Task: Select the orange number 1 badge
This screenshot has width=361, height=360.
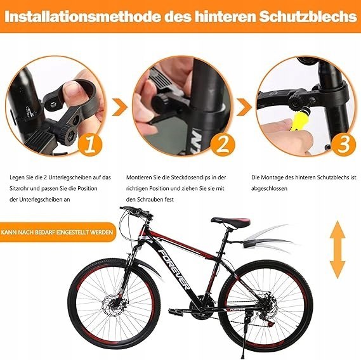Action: (90, 145)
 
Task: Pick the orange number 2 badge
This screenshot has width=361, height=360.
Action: (223, 145)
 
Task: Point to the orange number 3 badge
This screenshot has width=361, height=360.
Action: (344, 145)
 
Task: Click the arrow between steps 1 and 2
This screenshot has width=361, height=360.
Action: (120, 107)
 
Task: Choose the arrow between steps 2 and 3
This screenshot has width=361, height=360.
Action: (244, 107)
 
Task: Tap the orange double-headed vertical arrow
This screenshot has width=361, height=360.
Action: (338, 249)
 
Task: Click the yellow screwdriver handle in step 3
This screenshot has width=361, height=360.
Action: (296, 121)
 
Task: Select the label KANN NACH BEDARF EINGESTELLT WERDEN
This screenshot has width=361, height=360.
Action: (57, 232)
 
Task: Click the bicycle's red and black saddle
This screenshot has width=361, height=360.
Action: (231, 222)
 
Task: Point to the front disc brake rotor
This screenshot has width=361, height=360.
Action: (114, 306)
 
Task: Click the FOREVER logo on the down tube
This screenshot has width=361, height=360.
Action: (174, 269)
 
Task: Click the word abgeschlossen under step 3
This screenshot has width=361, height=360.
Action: (269, 188)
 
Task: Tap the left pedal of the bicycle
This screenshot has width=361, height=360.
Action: (175, 312)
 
